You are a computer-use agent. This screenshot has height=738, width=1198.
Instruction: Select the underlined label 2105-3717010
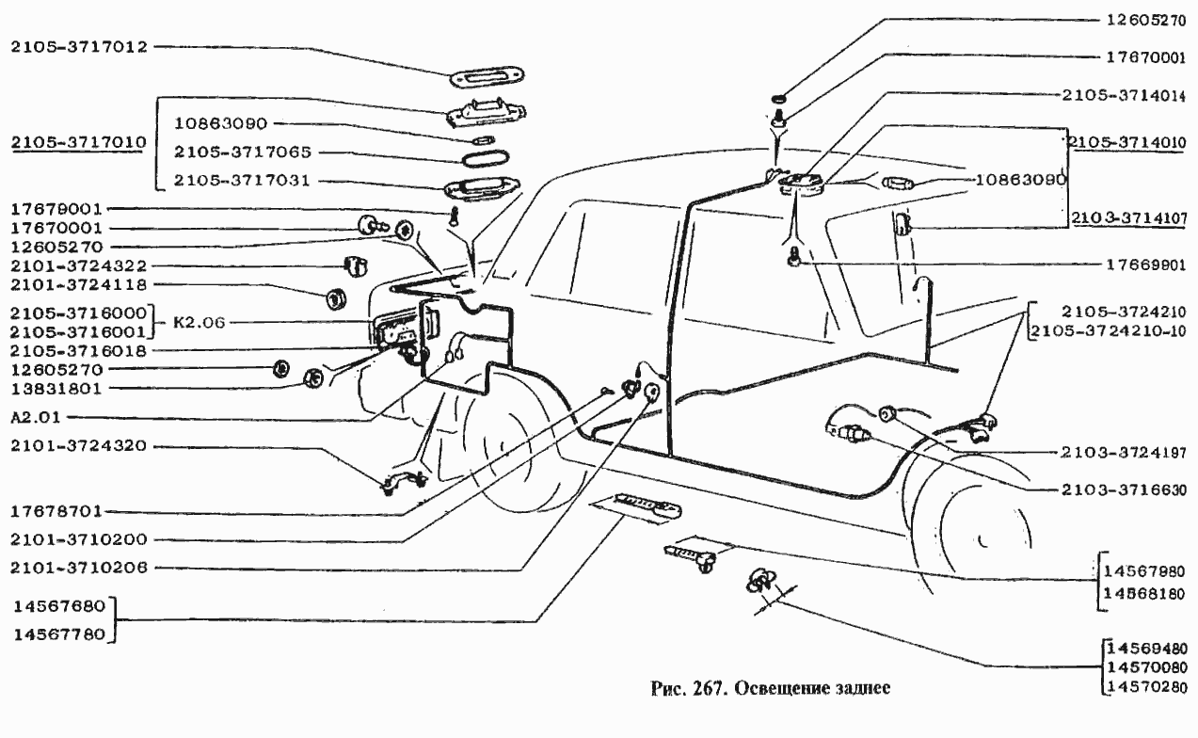click(x=78, y=143)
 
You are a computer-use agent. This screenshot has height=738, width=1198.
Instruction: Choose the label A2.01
click(x=37, y=416)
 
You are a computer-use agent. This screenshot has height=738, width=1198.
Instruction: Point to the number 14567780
click(x=58, y=634)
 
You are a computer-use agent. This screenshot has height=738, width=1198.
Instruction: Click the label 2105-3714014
click(x=1133, y=95)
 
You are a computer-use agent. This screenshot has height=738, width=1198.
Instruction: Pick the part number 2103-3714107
click(x=1133, y=218)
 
